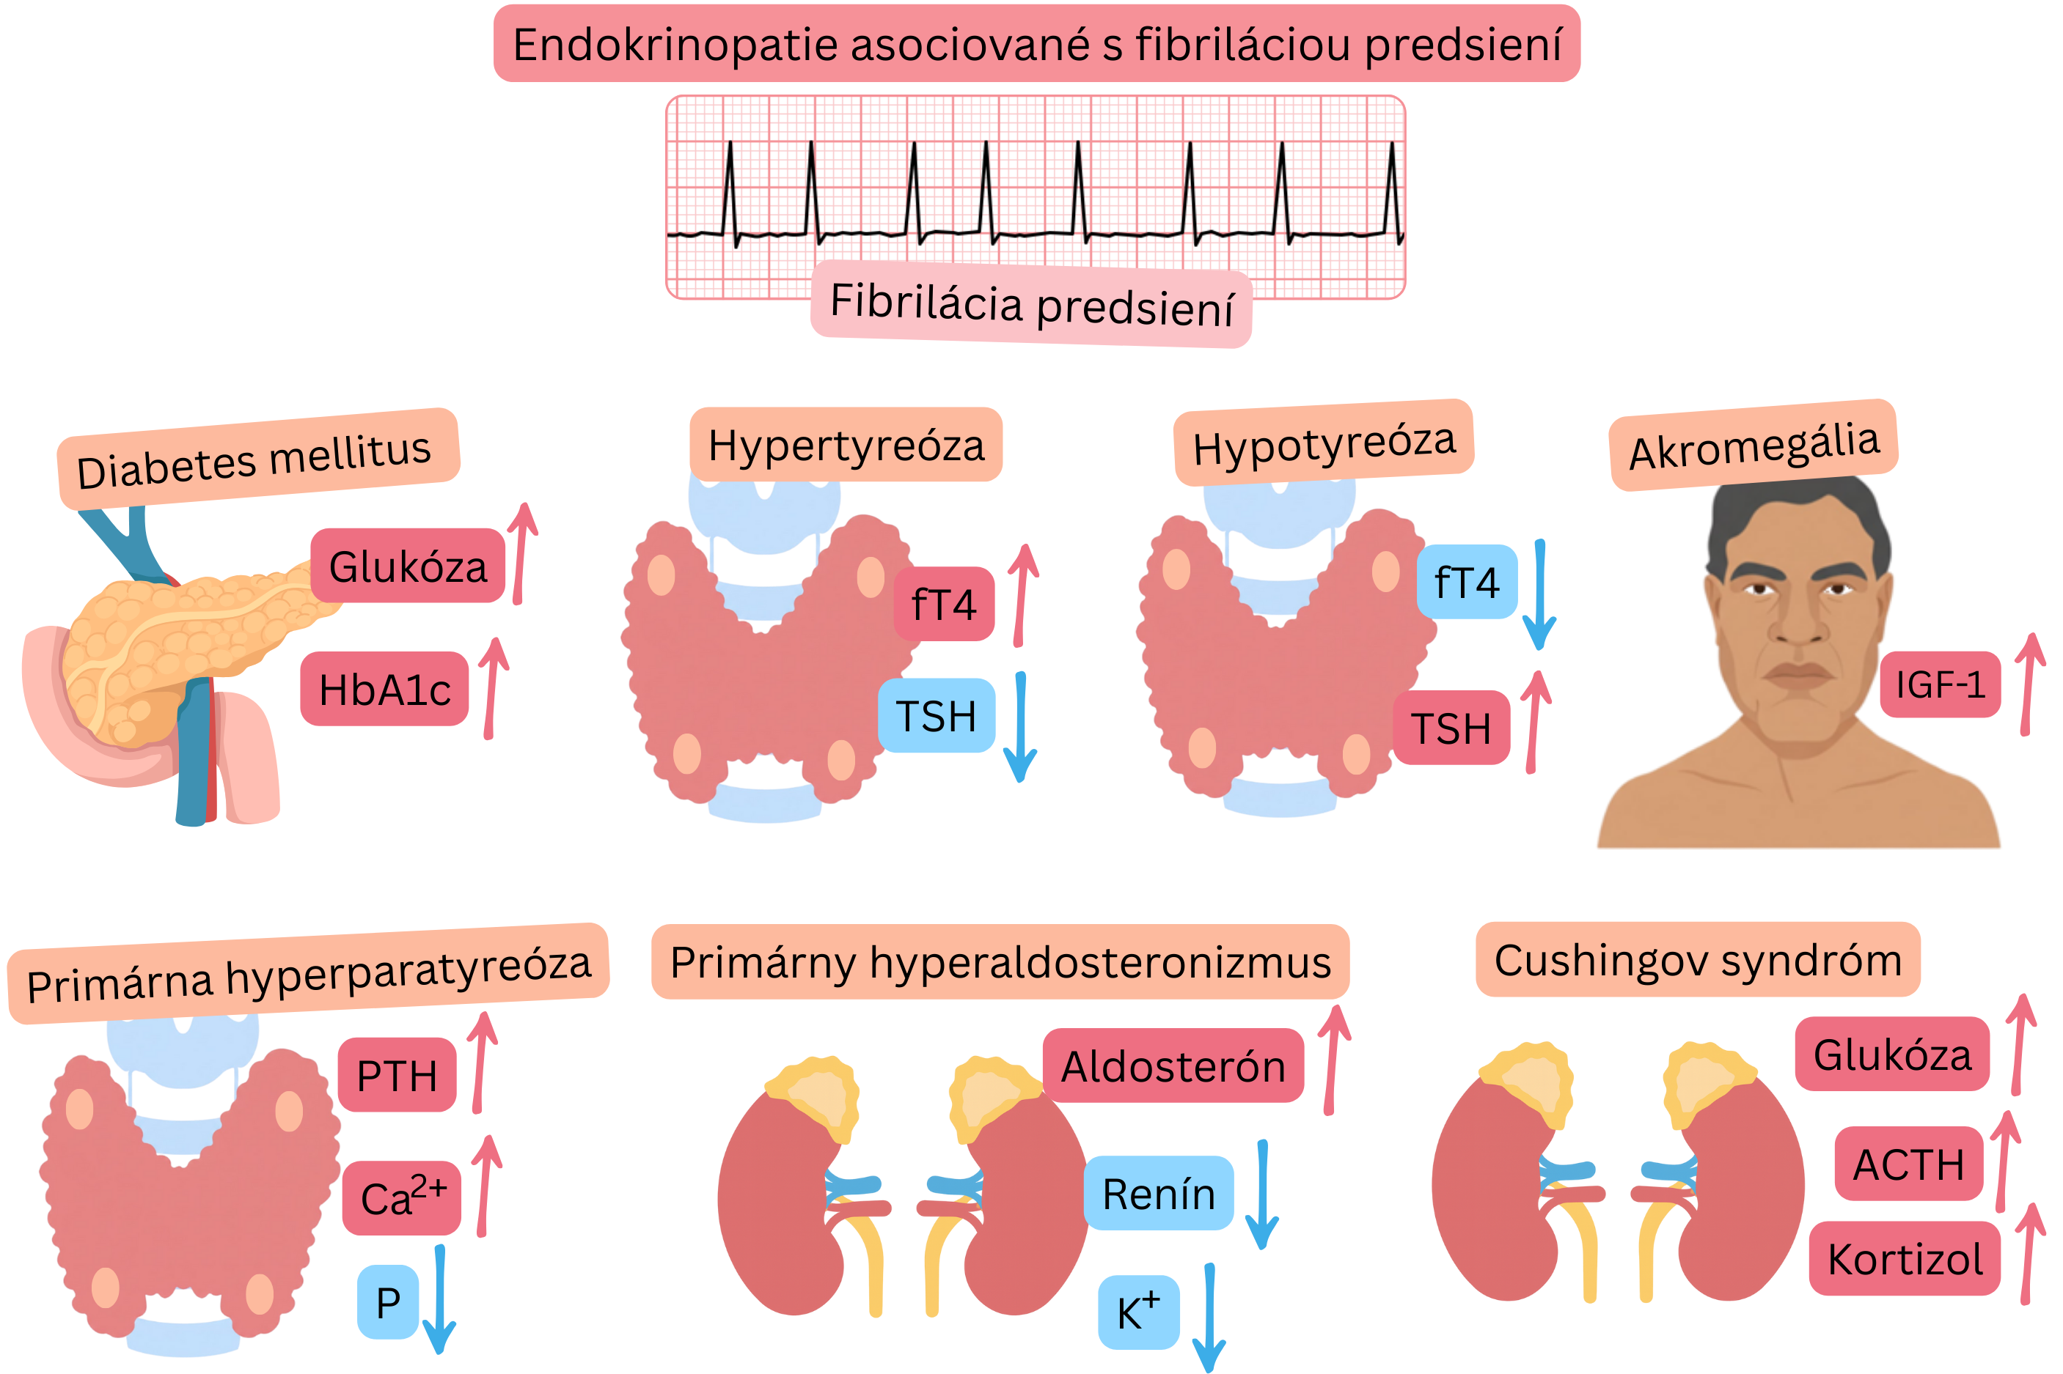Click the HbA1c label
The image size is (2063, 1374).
click(384, 689)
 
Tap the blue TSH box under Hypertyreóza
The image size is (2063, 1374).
click(936, 715)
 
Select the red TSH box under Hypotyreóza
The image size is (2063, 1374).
click(1451, 728)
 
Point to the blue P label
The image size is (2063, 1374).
click(387, 1302)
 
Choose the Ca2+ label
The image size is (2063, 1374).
click(402, 1197)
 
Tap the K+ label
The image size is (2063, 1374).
click(1138, 1312)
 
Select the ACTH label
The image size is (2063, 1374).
click(1908, 1164)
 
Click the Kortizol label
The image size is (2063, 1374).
click(1905, 1258)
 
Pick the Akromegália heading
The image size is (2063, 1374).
click(1754, 445)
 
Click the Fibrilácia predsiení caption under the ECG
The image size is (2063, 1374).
click(1031, 304)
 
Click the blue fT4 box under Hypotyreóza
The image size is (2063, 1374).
click(1467, 582)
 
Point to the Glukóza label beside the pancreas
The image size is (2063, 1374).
click(408, 566)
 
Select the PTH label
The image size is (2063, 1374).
click(397, 1075)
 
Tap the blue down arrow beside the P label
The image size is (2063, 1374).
click(439, 1299)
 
